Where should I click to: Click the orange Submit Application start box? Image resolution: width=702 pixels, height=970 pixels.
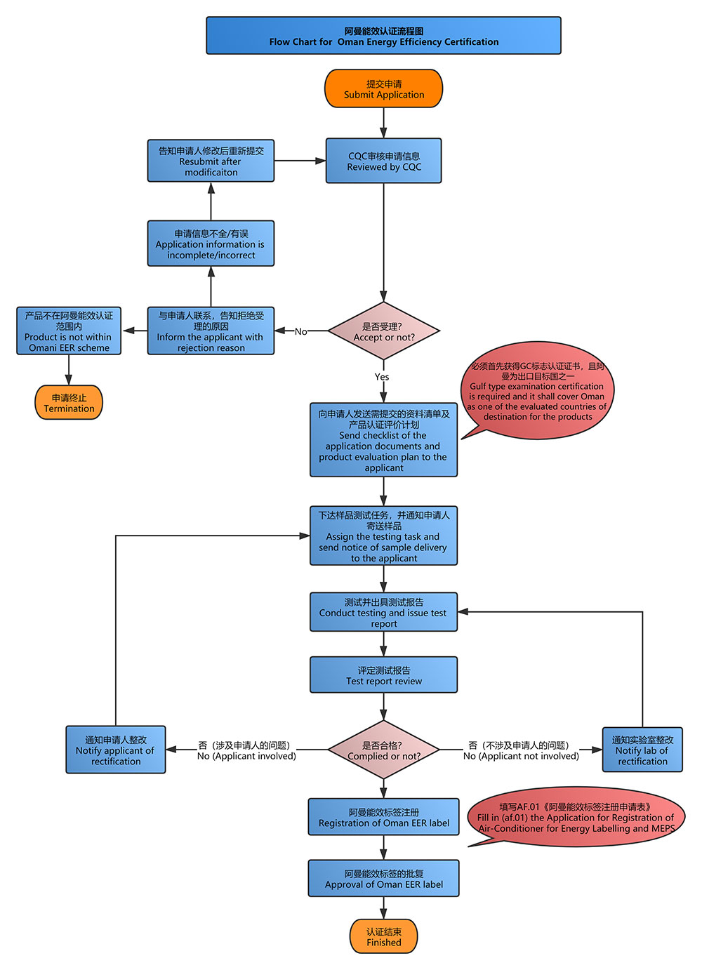[x=384, y=88]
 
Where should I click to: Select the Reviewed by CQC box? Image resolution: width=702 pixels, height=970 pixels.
[x=384, y=161]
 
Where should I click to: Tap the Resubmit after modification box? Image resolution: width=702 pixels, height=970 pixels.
[x=211, y=161]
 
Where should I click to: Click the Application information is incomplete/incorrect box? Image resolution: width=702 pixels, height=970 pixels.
[x=211, y=244]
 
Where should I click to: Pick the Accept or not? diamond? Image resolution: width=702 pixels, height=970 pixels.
[x=384, y=331]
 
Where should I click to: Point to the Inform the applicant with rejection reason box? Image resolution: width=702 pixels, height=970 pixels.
[x=211, y=331]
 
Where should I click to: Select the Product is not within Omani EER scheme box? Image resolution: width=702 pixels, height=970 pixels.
[x=69, y=331]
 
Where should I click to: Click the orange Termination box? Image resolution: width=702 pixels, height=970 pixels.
[x=69, y=402]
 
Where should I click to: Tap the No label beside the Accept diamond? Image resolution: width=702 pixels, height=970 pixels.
[x=301, y=332]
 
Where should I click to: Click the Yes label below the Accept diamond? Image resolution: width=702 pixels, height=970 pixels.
[x=382, y=377]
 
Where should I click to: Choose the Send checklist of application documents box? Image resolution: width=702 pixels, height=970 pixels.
[x=384, y=440]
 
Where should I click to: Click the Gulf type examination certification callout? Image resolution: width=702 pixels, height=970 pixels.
[x=537, y=391]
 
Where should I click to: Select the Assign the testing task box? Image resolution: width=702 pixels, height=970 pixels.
[x=384, y=536]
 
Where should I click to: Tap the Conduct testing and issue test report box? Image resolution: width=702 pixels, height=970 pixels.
[x=384, y=612]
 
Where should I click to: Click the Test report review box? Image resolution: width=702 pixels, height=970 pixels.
[x=384, y=675]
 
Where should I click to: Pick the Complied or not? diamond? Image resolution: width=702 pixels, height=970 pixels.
[x=384, y=750]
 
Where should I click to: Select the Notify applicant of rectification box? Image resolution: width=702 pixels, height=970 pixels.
[x=116, y=750]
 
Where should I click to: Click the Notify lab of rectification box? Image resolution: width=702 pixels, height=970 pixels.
[x=642, y=750]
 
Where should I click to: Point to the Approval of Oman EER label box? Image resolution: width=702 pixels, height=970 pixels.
[x=384, y=878]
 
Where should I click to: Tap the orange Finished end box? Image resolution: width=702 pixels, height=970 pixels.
[x=384, y=936]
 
